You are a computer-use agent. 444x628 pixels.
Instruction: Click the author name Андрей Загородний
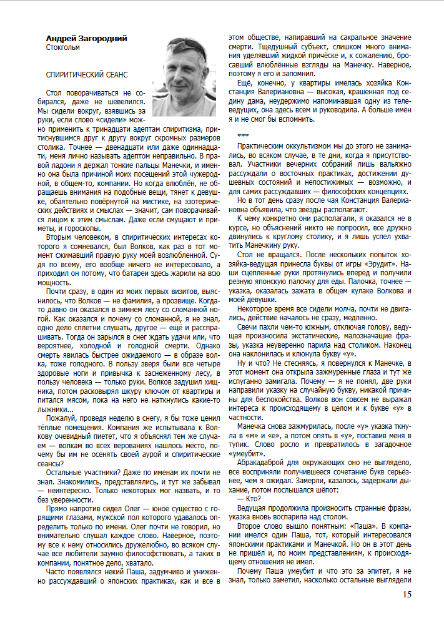(x=86, y=39)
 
